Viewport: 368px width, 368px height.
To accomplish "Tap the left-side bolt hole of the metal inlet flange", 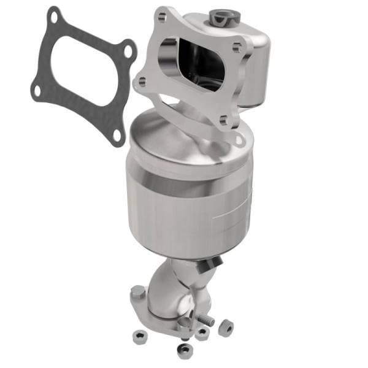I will tap(142, 81).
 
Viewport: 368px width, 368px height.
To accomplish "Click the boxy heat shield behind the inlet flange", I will tap(255, 67).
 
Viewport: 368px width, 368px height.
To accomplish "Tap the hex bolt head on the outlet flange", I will tap(139, 293).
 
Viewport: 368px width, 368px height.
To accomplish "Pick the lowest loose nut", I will tap(182, 351).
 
